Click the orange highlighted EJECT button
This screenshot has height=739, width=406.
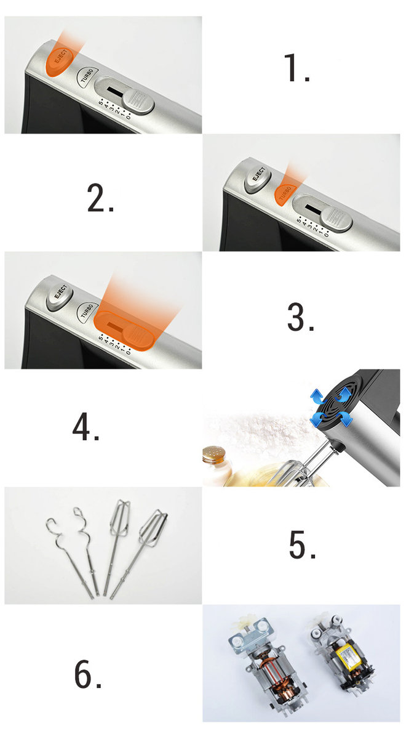[x=59, y=62]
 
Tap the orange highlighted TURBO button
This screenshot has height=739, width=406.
[x=285, y=195]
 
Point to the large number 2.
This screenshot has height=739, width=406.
[x=100, y=198]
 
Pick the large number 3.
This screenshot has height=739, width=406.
[x=301, y=317]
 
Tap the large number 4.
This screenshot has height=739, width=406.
[x=86, y=426]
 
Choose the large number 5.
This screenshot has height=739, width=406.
[x=302, y=544]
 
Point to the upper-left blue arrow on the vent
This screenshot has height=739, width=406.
[x=317, y=396]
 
